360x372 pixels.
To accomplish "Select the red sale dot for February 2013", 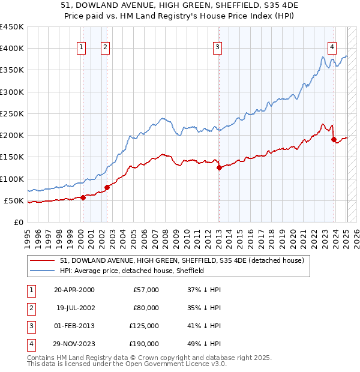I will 219,168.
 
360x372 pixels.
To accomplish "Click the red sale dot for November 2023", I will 334,140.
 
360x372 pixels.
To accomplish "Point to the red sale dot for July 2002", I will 107,187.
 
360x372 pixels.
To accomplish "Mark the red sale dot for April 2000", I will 83,197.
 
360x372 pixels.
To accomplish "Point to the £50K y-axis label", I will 13,200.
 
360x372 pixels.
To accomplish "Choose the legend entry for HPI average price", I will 132,271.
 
